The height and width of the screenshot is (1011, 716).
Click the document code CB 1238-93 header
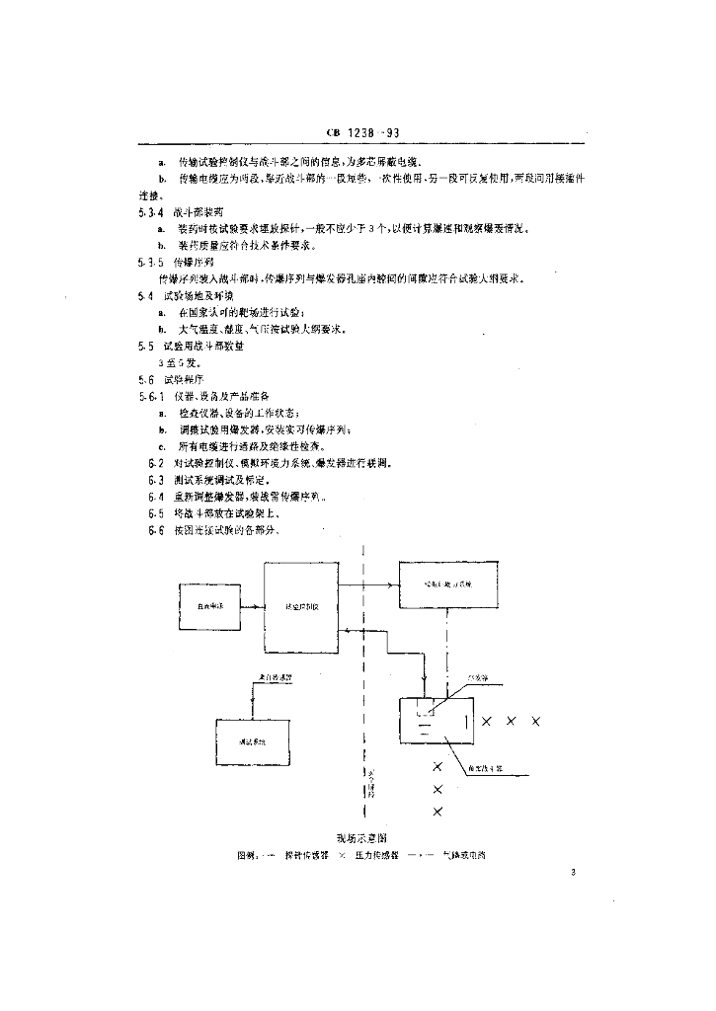point(360,133)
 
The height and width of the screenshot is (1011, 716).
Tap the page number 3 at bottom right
point(573,871)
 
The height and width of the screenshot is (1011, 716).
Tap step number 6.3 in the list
point(155,480)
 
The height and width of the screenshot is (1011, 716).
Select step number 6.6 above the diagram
point(155,530)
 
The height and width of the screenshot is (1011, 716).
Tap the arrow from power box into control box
point(255,608)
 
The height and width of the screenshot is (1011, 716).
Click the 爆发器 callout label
point(480,678)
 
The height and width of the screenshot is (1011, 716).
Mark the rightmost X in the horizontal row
point(536,722)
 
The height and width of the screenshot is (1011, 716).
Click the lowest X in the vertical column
point(438,812)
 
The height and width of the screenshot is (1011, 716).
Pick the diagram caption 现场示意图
point(361,838)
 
